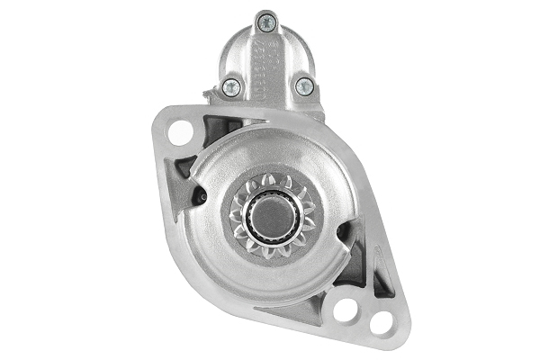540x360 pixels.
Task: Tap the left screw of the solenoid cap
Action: click(x=230, y=86)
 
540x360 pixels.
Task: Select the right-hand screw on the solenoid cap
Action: click(x=304, y=86)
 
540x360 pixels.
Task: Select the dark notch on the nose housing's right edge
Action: click(x=343, y=235)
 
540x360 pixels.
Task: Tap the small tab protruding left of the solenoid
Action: click(x=210, y=92)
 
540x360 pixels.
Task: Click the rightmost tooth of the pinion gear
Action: click(x=308, y=216)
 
